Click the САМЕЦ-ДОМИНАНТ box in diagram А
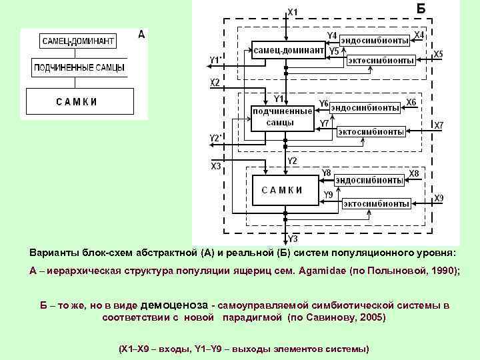[78, 41]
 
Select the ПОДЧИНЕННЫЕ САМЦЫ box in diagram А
[79, 68]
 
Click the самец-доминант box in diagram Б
[288, 51]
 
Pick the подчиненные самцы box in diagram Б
[282, 118]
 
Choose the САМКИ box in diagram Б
[282, 190]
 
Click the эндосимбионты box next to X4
[375, 40]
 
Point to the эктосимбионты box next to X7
[371, 131]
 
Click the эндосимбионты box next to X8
[369, 179]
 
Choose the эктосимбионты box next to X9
[377, 203]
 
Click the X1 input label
[293, 11]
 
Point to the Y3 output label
[293, 238]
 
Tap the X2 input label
[215, 83]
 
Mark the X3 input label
[216, 166]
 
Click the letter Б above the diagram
[421, 9]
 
